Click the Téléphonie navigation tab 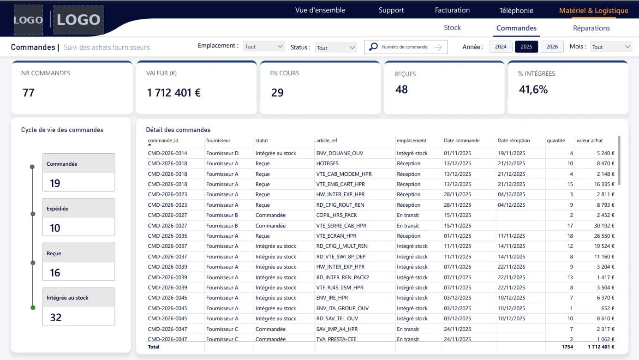[x=516, y=11]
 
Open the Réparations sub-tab [x=591, y=28]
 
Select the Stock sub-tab [x=452, y=28]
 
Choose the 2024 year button [x=501, y=47]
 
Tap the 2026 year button [x=552, y=47]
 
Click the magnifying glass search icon [x=373, y=47]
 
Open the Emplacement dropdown [x=264, y=47]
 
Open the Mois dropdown [x=611, y=47]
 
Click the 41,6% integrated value [x=533, y=90]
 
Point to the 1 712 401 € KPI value [x=174, y=93]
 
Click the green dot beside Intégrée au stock [x=33, y=307]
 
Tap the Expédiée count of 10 [x=55, y=228]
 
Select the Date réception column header [x=514, y=140]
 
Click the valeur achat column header [x=589, y=140]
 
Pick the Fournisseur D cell [x=222, y=153]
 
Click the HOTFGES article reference [x=327, y=163]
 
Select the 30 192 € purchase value [x=604, y=226]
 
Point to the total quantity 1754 [x=567, y=347]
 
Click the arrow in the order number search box [x=438, y=47]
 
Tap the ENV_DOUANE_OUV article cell [x=340, y=153]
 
